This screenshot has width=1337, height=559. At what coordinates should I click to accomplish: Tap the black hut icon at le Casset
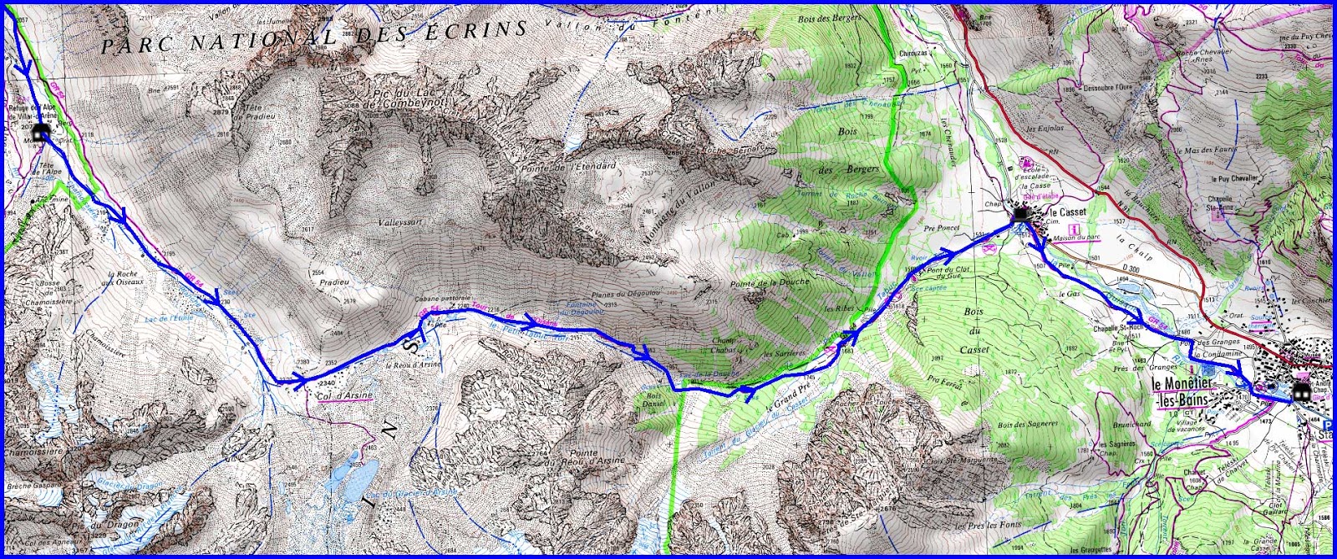[x=1021, y=216]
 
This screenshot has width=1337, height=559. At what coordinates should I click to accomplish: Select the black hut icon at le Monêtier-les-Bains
[x=1301, y=393]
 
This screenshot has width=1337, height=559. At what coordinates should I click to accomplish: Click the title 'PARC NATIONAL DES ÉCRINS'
[x=313, y=38]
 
